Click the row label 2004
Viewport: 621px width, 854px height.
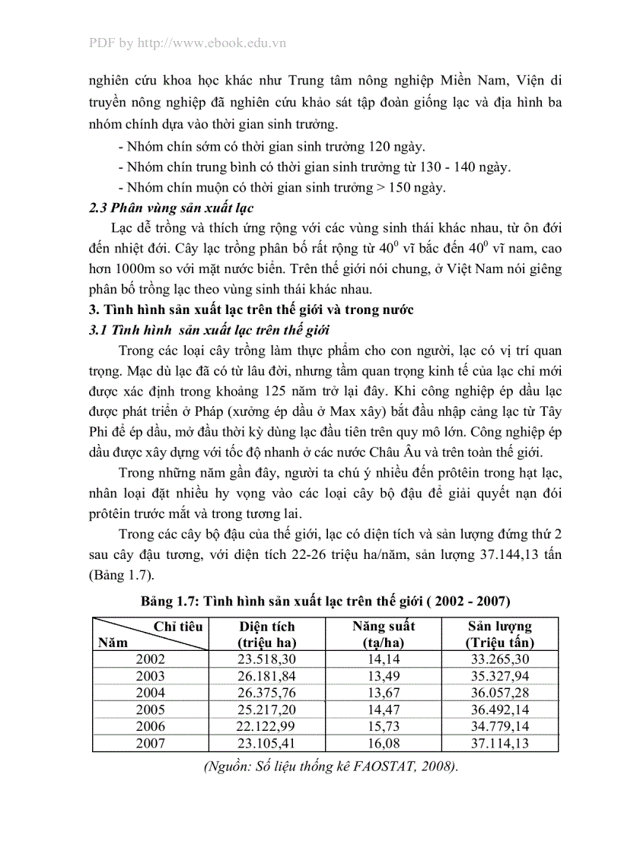[x=150, y=693]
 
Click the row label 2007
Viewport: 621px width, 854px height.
[x=150, y=743]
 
